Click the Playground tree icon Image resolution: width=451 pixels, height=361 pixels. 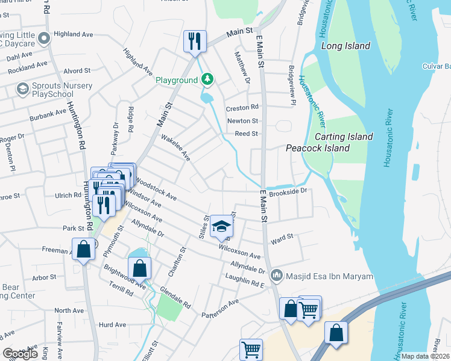(207, 79)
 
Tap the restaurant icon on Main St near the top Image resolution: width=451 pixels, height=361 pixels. (195, 42)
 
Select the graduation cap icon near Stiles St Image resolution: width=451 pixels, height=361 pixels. (221, 227)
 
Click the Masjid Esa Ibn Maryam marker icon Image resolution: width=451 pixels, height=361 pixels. (277, 276)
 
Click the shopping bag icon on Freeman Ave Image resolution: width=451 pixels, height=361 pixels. (83, 248)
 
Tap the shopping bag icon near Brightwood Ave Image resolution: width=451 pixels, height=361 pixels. (139, 268)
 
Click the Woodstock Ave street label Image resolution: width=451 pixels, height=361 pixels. (156, 188)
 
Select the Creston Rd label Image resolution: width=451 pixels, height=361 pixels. (242, 108)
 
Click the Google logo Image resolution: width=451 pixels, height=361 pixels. (20, 354)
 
